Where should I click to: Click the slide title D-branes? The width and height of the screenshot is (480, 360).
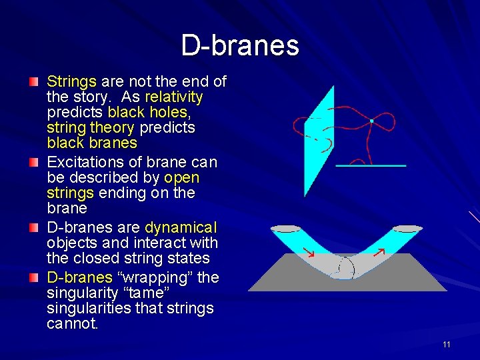coord(240,45)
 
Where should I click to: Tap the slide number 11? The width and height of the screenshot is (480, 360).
coord(446,344)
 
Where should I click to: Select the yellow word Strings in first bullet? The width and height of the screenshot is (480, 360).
coord(72,82)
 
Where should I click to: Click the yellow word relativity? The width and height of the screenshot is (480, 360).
coord(174,97)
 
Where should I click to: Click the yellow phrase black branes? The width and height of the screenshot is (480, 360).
coord(92,143)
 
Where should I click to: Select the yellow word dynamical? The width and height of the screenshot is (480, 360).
coord(181,227)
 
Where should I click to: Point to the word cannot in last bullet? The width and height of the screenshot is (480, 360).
coord(72,324)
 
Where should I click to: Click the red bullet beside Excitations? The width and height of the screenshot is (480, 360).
coord(34,162)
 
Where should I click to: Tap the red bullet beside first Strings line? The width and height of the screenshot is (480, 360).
coord(34,82)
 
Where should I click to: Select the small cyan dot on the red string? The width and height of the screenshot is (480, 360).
coord(371,121)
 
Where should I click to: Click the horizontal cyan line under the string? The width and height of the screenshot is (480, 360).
coord(371,165)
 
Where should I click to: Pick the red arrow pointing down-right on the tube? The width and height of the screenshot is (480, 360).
coord(308,253)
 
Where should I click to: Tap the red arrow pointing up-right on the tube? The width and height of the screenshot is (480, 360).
coord(379,252)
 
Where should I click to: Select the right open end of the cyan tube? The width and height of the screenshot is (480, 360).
coord(407,229)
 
